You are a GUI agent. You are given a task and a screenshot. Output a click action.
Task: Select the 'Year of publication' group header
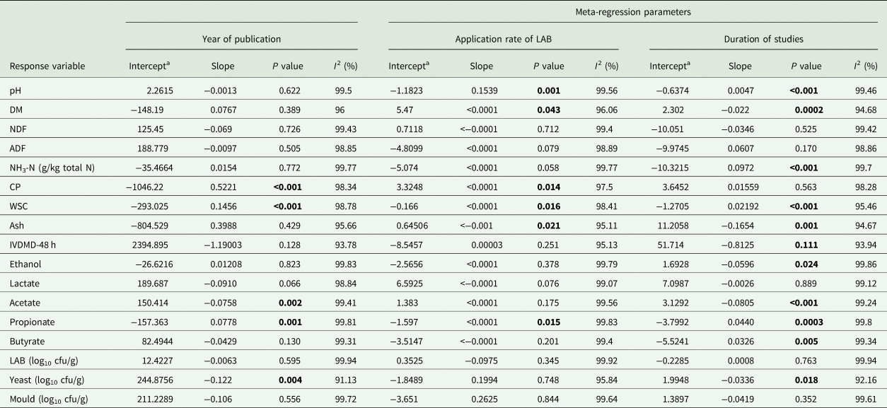(x=241, y=39)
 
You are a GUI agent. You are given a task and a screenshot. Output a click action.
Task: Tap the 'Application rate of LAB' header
(x=503, y=39)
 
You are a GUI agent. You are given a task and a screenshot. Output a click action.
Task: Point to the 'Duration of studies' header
(x=763, y=39)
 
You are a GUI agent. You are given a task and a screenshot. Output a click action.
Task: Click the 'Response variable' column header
(x=44, y=66)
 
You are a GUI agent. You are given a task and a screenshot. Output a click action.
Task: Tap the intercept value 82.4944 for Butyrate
(x=151, y=343)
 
